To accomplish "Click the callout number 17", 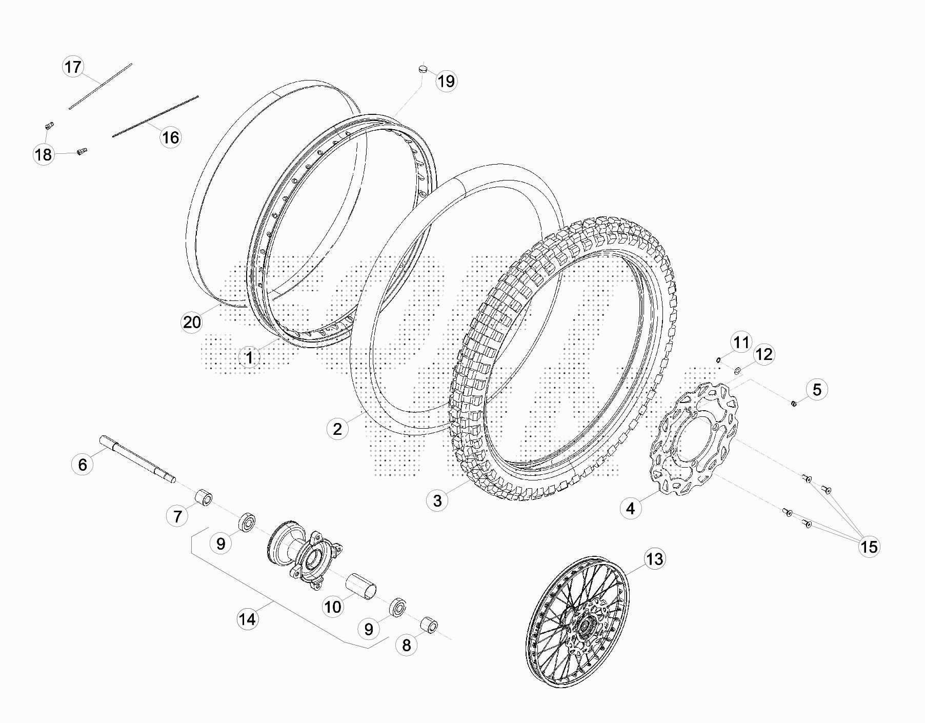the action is coord(73,67).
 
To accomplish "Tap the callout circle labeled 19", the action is coord(447,81).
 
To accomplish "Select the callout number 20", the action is coord(192,323).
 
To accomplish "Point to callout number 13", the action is coord(654,559).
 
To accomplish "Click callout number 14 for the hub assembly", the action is coord(247,619).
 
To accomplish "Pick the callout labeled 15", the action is coord(869,547).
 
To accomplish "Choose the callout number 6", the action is coord(83,465).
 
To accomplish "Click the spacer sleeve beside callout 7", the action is coord(203,497).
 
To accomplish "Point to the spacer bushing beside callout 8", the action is coord(429,627).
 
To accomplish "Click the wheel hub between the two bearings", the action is coord(303,557).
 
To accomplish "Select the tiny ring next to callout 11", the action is coord(719,359).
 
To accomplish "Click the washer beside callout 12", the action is coord(737,370).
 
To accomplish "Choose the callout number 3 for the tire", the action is coord(437,500).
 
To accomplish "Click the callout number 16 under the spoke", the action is coord(170,137).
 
